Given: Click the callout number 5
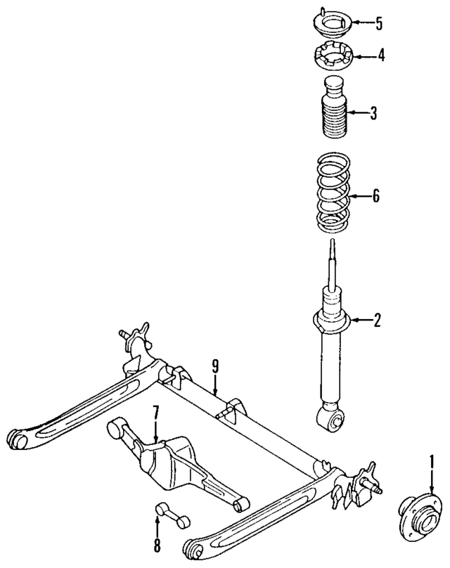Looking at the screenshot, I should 379,23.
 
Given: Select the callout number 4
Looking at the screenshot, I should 380,55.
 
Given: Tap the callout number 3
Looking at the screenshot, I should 373,112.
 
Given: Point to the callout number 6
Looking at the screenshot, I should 375,197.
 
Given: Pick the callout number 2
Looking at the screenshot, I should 377,321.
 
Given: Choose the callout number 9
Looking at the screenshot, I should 216,365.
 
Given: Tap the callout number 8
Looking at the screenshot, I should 157,545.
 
